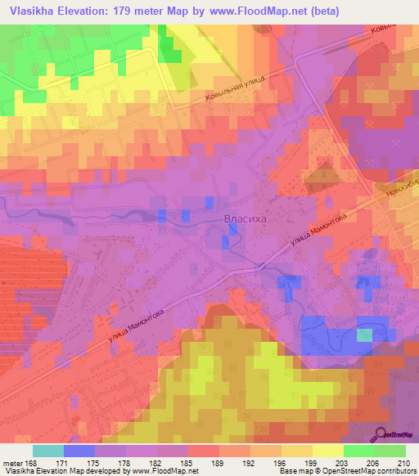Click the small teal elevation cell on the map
pyautogui.click(x=364, y=335)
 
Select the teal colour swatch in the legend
pyautogui.click(x=47, y=451)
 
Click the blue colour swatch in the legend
pyautogui.click(x=79, y=451)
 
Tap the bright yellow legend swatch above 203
pyautogui.click(x=327, y=451)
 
